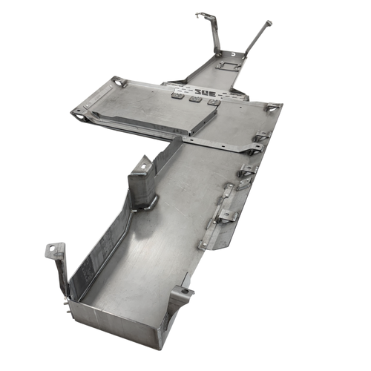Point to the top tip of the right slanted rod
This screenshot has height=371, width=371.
point(268,24)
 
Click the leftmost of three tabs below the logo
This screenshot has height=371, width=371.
point(179,95)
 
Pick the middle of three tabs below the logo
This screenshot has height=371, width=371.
point(196,99)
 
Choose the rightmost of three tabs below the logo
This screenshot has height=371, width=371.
point(213,102)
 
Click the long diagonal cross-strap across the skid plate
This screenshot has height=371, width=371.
point(223,144)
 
